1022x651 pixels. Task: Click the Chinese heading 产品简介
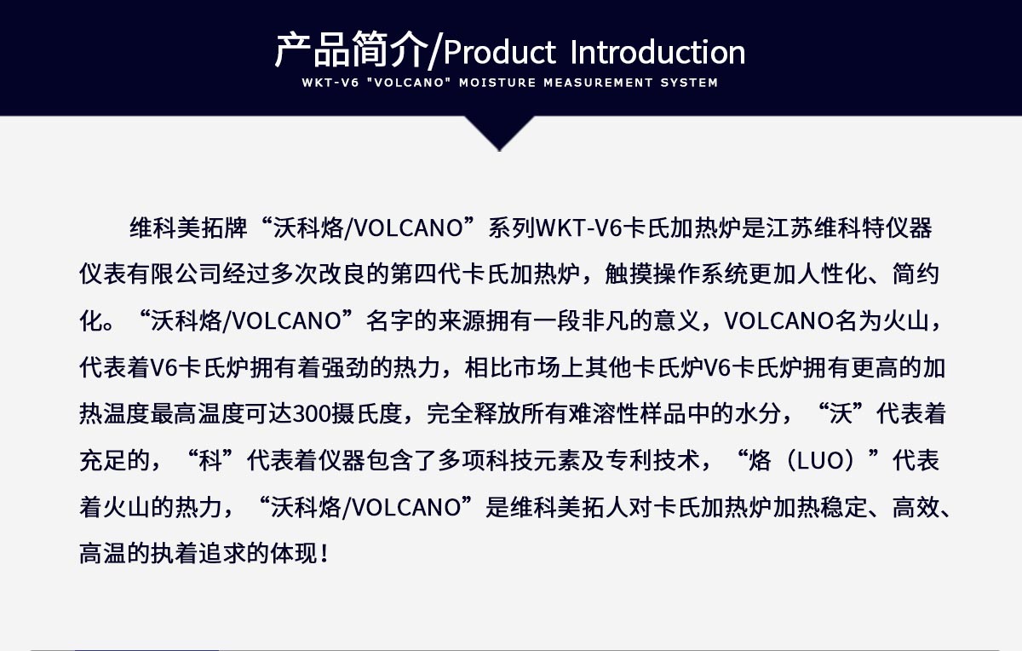click(349, 52)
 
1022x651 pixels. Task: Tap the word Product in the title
click(498, 53)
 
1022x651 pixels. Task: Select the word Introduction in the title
click(657, 53)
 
